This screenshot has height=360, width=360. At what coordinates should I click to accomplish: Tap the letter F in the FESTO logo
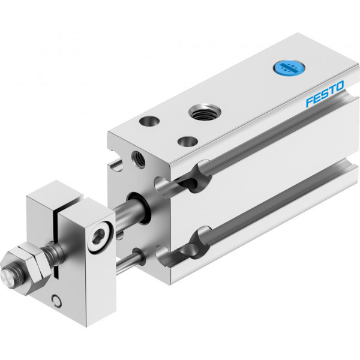point(310,102)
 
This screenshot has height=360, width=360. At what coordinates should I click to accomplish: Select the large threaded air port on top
point(205,112)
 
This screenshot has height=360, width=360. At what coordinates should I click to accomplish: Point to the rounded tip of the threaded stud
point(7,277)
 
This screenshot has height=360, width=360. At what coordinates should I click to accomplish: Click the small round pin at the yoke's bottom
point(56,301)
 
